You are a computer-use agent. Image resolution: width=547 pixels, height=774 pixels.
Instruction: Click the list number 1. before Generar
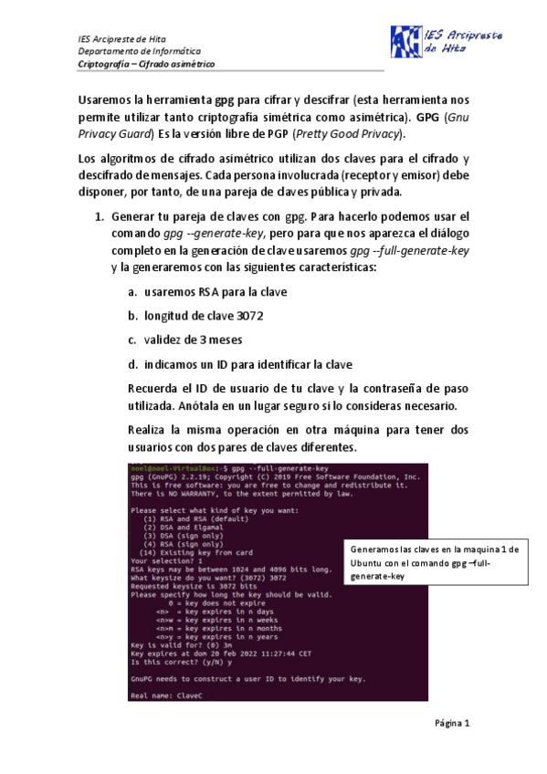tap(101, 217)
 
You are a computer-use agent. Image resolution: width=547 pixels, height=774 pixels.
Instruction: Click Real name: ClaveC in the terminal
tap(165, 695)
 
